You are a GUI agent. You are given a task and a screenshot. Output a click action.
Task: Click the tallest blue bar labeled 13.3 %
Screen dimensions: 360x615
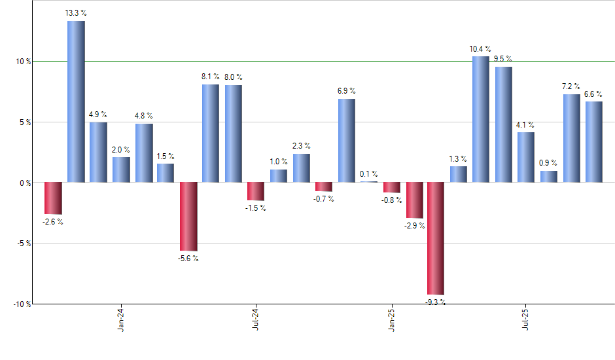tap(76, 101)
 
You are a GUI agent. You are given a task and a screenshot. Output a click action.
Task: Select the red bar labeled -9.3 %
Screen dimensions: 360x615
tap(436, 238)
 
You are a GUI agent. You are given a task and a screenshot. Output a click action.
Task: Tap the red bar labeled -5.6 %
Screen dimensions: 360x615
tap(188, 216)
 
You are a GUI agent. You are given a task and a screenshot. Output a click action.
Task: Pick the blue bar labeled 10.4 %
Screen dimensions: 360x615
tap(481, 119)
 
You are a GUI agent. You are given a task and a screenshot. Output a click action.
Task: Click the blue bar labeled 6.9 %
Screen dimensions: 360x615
tap(346, 140)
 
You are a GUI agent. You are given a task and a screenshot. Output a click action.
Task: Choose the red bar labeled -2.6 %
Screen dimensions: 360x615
tap(53, 198)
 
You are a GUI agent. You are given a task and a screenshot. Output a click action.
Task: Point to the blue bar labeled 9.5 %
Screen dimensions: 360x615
tap(503, 124)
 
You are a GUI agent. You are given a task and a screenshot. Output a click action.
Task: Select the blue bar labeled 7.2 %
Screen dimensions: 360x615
tap(571, 138)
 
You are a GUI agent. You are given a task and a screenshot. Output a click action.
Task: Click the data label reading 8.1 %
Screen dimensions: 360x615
tap(211, 77)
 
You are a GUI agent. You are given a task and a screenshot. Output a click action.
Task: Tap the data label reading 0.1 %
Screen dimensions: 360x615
tap(369, 174)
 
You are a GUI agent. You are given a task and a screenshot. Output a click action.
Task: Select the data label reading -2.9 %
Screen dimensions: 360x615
tap(414, 226)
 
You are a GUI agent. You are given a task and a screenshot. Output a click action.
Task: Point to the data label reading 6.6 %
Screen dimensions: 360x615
tap(593, 94)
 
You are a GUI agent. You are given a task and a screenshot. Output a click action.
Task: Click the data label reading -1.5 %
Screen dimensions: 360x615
tap(256, 208)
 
